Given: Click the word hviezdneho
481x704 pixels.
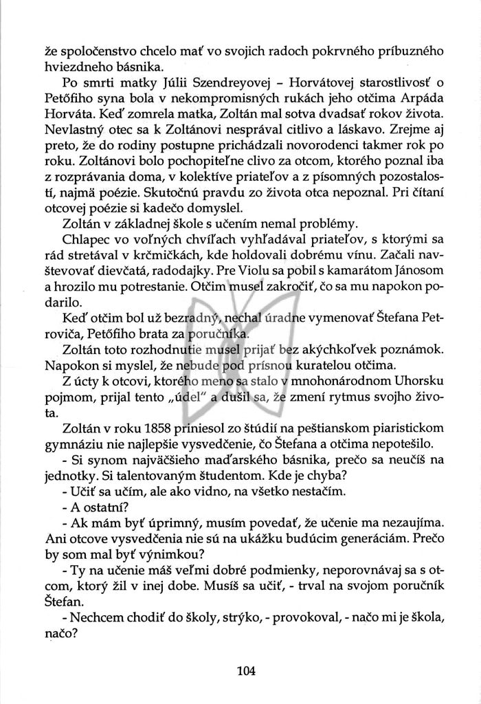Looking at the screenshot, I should [75, 67].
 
